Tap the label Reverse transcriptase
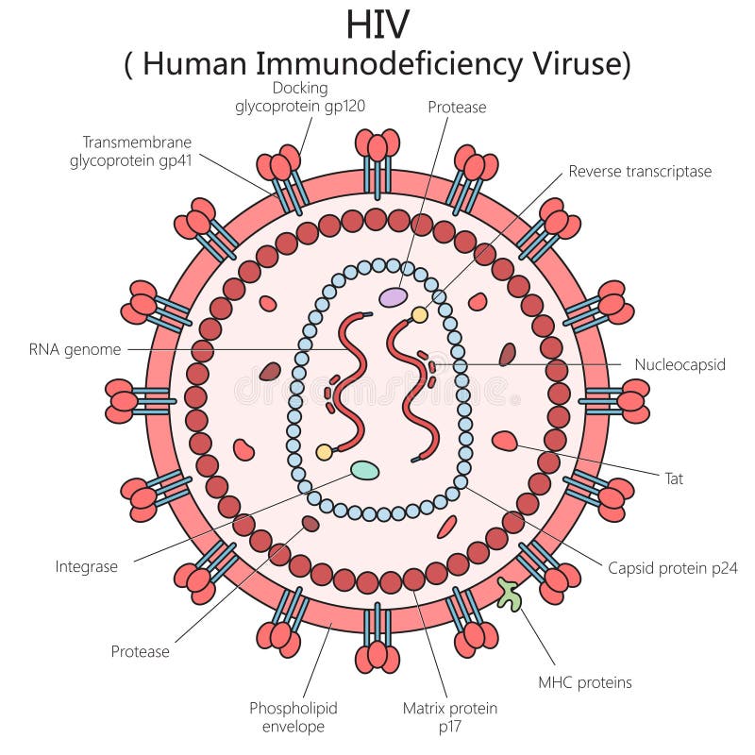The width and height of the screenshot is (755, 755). click(x=640, y=172)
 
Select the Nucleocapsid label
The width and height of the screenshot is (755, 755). click(x=679, y=364)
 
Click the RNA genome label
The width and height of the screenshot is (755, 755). click(x=75, y=350)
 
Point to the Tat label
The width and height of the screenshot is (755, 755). click(x=674, y=478)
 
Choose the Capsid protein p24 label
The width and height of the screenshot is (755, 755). click(x=672, y=568)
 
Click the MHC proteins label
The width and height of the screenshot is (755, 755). click(x=585, y=682)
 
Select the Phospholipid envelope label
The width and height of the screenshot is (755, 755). click(x=294, y=717)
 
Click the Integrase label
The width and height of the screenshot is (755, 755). click(x=87, y=567)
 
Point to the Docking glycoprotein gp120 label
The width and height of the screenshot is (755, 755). click(x=300, y=97)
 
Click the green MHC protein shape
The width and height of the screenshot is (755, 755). click(x=511, y=594)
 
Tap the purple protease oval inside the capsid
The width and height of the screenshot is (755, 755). click(x=394, y=297)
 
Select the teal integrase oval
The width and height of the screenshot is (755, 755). click(x=365, y=469)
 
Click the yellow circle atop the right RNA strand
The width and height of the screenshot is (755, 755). click(x=419, y=315)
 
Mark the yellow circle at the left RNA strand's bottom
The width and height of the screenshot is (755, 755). click(x=324, y=452)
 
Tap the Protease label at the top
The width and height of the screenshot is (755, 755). click(x=457, y=108)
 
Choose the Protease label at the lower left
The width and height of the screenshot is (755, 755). click(x=141, y=651)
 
